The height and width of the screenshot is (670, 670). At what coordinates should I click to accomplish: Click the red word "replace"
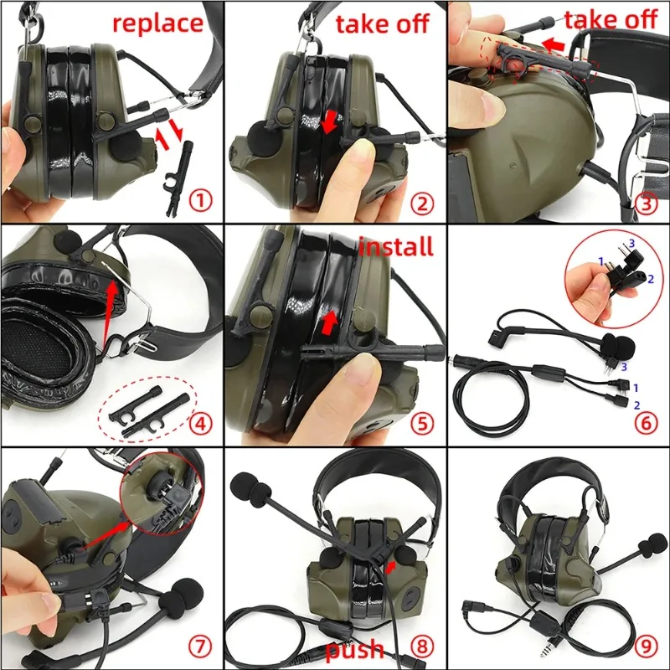coord(157,23)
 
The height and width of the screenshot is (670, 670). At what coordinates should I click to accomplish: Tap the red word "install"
coord(395,247)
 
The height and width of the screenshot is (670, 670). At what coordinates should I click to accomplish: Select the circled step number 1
coord(200,200)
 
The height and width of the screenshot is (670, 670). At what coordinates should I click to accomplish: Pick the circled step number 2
coord(422,204)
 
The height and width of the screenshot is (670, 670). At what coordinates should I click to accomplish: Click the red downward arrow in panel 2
coord(329,121)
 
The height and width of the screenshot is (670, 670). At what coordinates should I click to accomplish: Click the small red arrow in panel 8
coord(389,568)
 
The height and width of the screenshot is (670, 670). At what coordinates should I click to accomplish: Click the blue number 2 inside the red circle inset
coord(651,279)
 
